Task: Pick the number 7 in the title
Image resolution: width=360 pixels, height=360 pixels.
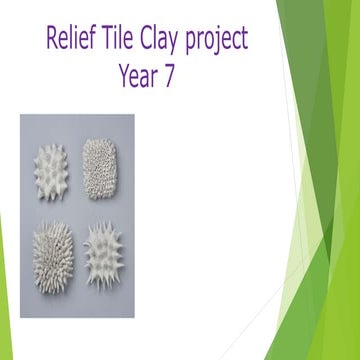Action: pos(168,76)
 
